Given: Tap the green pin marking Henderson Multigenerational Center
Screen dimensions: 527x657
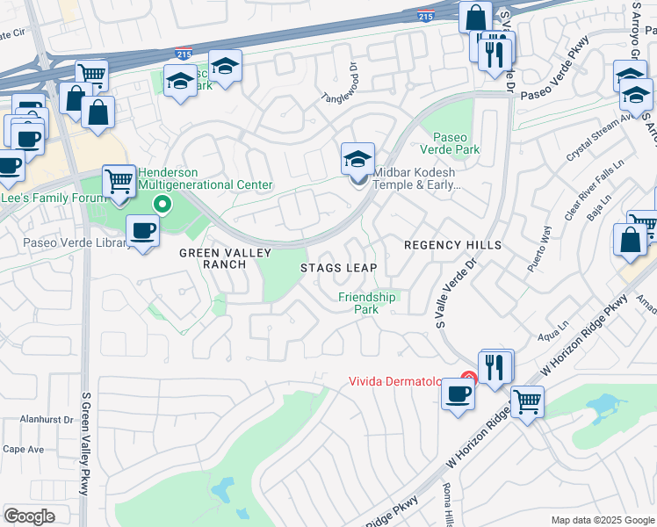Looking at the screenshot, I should pyautogui.click(x=162, y=206).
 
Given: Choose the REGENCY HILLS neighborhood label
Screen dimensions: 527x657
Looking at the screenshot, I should pyautogui.click(x=452, y=244).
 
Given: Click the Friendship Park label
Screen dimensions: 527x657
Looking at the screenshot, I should pyautogui.click(x=367, y=304).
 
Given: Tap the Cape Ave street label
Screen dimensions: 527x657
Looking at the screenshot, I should pyautogui.click(x=24, y=449).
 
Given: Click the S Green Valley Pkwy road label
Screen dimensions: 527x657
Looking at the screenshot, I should pyautogui.click(x=84, y=444).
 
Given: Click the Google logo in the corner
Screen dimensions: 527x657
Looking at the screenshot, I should pyautogui.click(x=30, y=516).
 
